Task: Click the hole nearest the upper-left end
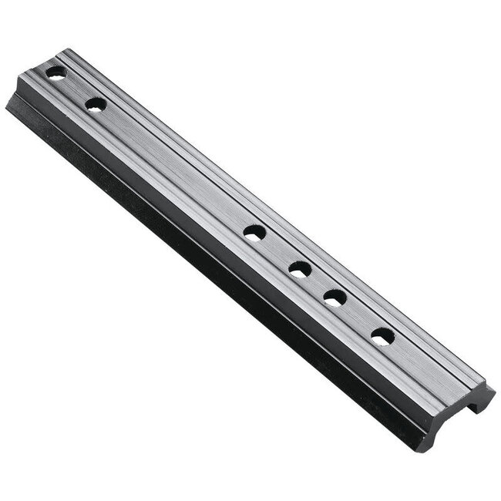tap(55, 72)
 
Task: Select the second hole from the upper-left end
tap(96, 105)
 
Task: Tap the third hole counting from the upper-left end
tap(254, 231)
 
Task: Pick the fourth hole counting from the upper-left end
tap(300, 269)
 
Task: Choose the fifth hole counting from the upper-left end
tap(334, 297)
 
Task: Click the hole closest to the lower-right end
tap(382, 336)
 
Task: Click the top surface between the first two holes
tap(76, 89)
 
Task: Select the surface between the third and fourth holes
tap(277, 250)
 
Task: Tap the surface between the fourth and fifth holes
tap(317, 283)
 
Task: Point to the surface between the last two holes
tap(358, 317)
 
